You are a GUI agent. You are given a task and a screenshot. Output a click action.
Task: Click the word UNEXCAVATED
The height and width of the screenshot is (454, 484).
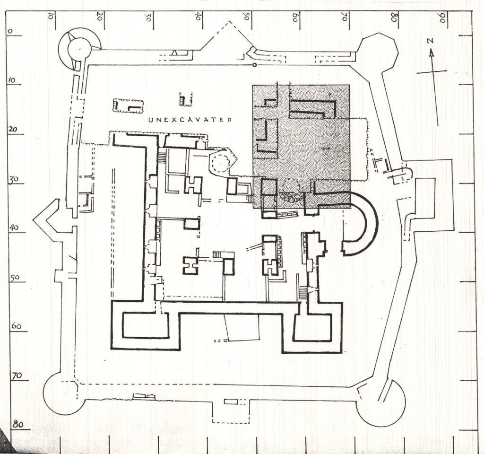pyautogui.click(x=190, y=120)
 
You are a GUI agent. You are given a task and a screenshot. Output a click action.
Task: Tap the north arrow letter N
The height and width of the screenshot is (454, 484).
pyautogui.click(x=430, y=41)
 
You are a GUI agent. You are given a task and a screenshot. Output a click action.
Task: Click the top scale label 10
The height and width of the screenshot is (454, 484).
pyautogui.click(x=50, y=17)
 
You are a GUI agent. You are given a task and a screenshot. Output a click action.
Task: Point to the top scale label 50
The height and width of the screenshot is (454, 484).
pyautogui.click(x=246, y=17)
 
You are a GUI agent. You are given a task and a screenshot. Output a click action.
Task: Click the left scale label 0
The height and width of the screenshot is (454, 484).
pyautogui.click(x=10, y=31)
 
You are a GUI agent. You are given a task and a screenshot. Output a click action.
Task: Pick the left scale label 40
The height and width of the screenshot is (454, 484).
pyautogui.click(x=13, y=227)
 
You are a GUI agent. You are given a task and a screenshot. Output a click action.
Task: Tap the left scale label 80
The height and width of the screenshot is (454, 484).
pyautogui.click(x=18, y=424)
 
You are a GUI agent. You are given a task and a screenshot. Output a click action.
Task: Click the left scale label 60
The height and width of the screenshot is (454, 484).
pyautogui.click(x=16, y=326)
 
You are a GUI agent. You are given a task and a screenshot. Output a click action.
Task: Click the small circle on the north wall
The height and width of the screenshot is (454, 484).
pyautogui.click(x=254, y=65)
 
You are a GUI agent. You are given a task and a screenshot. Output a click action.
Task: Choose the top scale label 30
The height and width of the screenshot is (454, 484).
pyautogui.click(x=148, y=17)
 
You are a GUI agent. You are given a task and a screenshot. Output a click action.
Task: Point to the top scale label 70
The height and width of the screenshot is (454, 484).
pyautogui.click(x=344, y=17)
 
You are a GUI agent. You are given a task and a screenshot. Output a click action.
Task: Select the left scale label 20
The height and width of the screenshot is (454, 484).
pyautogui.click(x=12, y=129)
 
